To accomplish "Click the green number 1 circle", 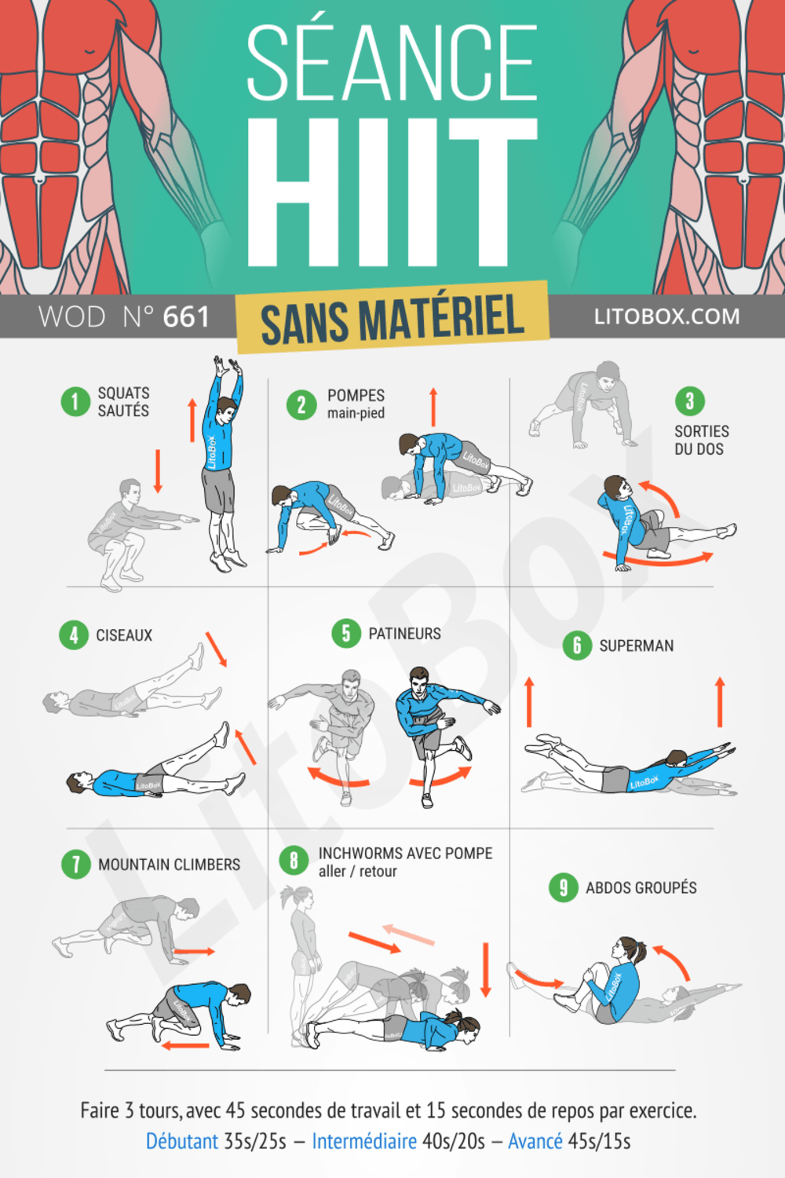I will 75,401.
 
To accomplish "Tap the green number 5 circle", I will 345,633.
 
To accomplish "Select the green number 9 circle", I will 563,887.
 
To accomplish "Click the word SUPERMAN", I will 636,646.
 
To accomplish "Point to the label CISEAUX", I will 124,635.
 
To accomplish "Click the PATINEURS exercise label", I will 404,633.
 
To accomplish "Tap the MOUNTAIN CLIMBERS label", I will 169,864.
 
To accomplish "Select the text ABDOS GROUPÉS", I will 641,887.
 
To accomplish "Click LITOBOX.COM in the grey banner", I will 666,316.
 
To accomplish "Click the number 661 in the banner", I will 186,316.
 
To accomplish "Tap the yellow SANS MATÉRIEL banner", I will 392,317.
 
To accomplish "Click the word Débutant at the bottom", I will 181,1140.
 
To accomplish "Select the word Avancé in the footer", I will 535,1140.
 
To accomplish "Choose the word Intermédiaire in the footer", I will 363,1140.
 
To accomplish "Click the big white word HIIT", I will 392,192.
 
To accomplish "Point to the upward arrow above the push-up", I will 433,406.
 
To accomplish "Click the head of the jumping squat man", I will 227,408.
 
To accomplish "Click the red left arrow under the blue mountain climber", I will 185,1045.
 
